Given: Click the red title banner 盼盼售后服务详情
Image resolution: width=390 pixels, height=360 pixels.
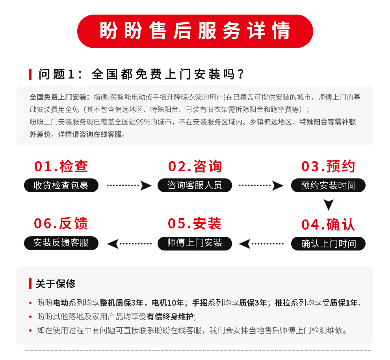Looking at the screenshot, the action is coord(195,31).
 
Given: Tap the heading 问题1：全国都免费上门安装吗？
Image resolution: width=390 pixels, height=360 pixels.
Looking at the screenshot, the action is coord(141,74).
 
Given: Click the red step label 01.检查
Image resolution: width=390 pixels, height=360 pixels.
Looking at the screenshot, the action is coord(61,166).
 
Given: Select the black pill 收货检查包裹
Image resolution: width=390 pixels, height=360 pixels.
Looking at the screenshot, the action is coord(61,185).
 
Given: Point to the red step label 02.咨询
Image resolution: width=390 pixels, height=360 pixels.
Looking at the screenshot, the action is coord(195,166).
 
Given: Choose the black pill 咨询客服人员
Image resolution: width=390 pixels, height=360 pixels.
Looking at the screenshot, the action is coord(195,185).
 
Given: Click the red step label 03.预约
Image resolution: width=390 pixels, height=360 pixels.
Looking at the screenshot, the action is coord(328,166).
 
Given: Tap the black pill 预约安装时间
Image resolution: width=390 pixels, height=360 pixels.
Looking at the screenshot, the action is coord(328,185).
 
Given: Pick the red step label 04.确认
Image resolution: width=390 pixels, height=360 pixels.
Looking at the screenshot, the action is coord(328,225).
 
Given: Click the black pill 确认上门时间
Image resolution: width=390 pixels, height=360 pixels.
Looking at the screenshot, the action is coord(328,244).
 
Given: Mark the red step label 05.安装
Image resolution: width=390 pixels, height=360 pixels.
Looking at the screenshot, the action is coord(195,223).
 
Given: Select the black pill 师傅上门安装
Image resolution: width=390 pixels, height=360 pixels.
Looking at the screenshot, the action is coord(195,243).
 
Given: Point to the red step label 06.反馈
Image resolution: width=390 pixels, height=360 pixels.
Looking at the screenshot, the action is coord(61,223).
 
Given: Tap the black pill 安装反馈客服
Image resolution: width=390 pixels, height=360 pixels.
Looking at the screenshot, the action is coord(61,243).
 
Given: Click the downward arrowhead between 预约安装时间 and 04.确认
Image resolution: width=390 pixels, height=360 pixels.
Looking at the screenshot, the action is coord(329,205).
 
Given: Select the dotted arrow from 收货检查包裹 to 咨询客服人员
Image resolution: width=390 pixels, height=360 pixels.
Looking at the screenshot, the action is coord(129,186).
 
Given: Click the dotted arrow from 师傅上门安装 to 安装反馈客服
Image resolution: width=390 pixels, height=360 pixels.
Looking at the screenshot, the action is coord(129,244).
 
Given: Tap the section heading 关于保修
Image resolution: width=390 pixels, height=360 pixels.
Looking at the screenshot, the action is coord(56,284).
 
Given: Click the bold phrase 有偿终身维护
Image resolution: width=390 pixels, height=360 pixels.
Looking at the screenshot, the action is coord(170,317).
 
